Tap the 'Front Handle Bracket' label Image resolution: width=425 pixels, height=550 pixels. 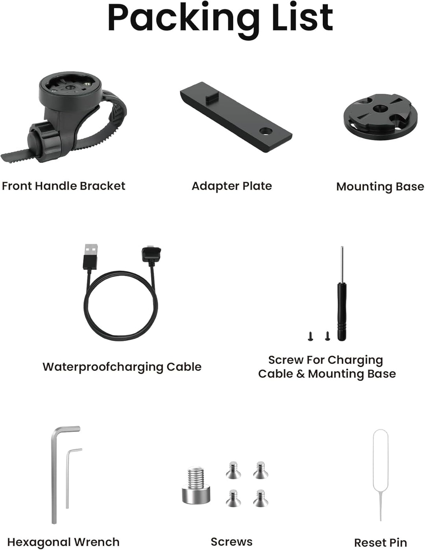click(x=63, y=186)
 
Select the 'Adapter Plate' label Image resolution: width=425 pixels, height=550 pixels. click(x=232, y=186)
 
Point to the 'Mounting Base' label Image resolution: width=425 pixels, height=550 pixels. click(x=380, y=187)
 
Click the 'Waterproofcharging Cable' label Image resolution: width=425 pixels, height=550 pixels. click(x=122, y=367)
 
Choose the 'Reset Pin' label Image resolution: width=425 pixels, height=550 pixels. click(x=381, y=543)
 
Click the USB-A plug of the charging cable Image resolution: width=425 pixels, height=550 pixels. click(x=90, y=257)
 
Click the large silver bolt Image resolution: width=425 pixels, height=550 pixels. click(x=196, y=485)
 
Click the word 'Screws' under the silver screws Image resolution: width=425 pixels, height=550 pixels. click(x=232, y=542)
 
